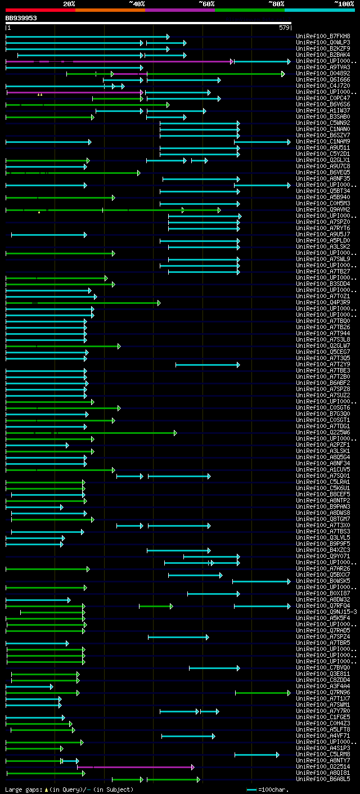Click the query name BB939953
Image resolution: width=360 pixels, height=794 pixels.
(x=21, y=18)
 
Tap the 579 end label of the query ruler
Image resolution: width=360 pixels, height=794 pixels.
(x=284, y=28)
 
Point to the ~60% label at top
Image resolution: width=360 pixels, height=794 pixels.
(x=206, y=4)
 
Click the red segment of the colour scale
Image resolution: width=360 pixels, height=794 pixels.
(x=40, y=10)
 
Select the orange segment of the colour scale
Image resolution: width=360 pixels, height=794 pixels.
(x=110, y=10)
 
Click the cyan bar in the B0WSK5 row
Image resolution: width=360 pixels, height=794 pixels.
(x=261, y=581)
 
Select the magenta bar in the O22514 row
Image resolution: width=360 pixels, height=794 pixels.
(x=135, y=767)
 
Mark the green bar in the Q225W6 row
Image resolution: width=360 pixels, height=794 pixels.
(x=90, y=433)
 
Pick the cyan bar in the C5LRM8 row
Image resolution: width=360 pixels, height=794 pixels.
(x=256, y=755)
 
